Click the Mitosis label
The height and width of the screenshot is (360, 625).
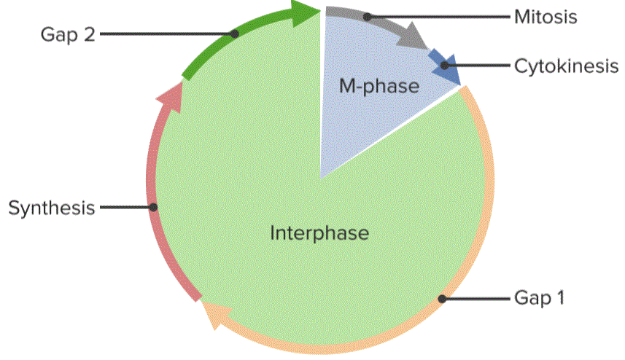[546, 17]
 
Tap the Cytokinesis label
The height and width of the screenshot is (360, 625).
[567, 66]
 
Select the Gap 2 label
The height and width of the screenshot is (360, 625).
[68, 35]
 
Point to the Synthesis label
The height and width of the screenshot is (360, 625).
[52, 208]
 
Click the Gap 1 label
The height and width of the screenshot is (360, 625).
[539, 298]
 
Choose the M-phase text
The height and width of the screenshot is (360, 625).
[379, 86]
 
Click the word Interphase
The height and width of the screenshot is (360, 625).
[319, 232]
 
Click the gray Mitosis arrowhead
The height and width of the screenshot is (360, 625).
[414, 36]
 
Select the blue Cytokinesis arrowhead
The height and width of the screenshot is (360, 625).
[444, 68]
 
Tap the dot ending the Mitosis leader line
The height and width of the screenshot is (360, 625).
[367, 17]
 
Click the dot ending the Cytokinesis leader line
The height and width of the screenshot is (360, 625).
[444, 66]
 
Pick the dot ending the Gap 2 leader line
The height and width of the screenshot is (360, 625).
[235, 34]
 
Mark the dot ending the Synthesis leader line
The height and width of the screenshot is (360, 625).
[153, 208]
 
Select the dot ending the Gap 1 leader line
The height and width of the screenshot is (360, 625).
[442, 299]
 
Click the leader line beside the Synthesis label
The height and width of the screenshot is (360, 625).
[127, 208]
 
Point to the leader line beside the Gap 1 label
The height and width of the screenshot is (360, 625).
[476, 299]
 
